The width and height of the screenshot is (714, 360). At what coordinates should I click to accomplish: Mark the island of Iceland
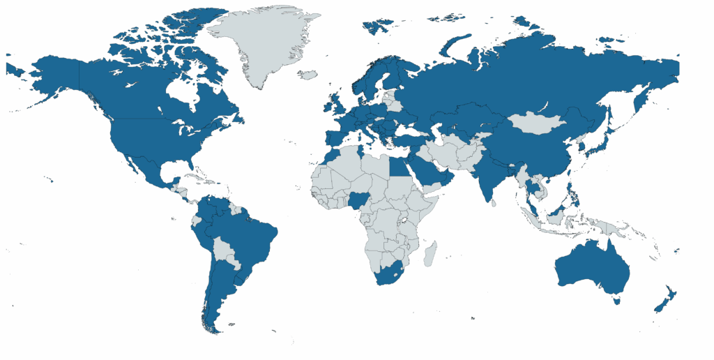point(307,74)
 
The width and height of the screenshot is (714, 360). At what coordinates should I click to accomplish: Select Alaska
point(52,77)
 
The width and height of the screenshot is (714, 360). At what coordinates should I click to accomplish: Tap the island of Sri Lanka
point(494,203)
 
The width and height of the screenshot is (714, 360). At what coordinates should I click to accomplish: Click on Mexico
point(143,167)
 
